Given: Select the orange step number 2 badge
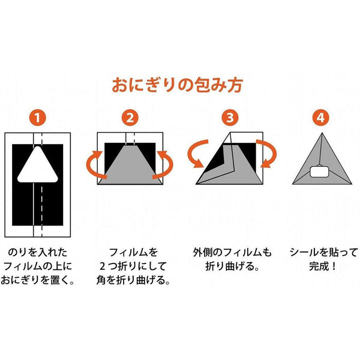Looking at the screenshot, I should pos(131,118).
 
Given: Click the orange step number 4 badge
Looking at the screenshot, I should pos(321,118).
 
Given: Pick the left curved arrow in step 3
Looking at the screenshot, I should pos(198,154).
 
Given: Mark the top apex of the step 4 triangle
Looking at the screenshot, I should pos(321,131).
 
